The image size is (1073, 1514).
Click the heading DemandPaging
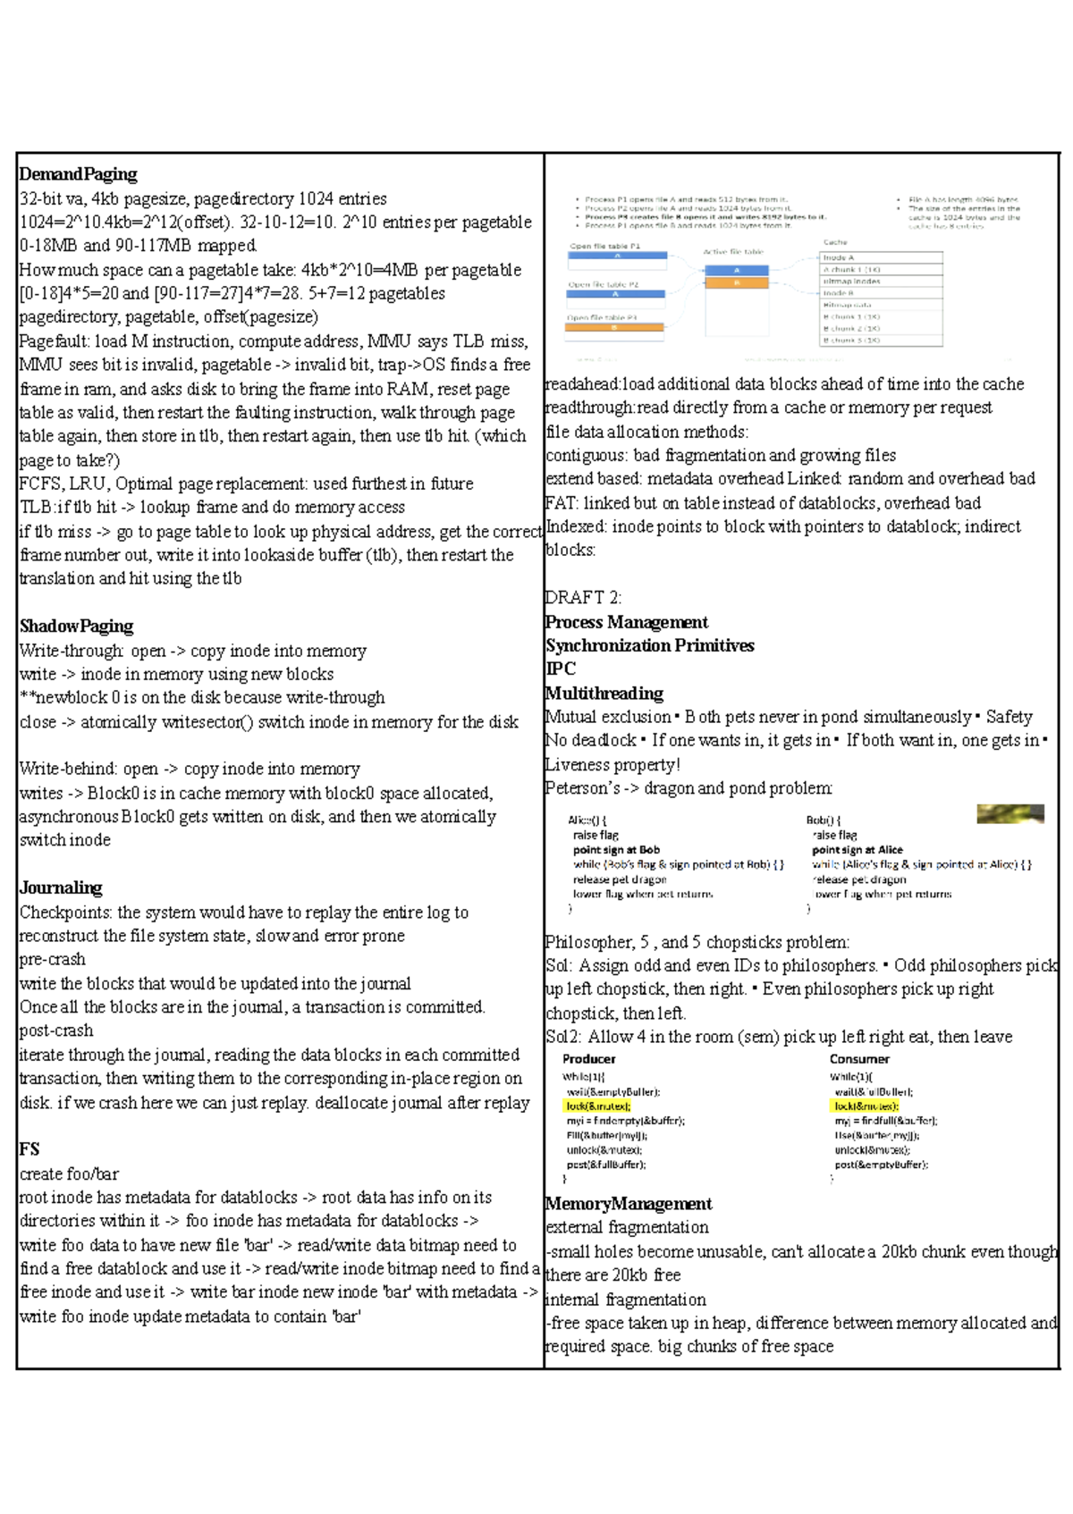tap(79, 174)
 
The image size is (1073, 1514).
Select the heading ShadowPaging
tap(77, 627)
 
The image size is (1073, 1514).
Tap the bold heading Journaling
tap(61, 887)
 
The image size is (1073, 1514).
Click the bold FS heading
tap(30, 1149)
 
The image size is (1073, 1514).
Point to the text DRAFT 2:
tap(583, 598)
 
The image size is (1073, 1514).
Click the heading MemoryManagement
tap(629, 1204)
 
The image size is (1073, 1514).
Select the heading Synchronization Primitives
tap(650, 645)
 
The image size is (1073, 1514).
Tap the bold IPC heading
tap(561, 669)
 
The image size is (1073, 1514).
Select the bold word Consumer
tap(858, 1059)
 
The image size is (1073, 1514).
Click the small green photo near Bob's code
tap(1010, 813)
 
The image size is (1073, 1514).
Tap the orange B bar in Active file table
tap(737, 282)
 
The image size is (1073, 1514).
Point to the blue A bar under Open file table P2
tap(617, 294)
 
